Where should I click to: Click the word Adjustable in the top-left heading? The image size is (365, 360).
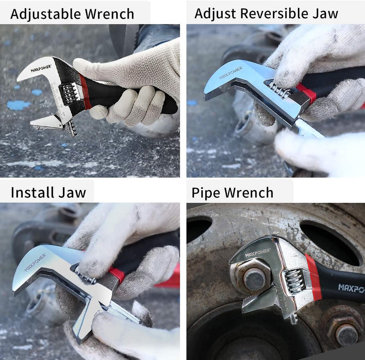(46, 14)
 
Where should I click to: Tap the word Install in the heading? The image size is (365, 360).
(32, 192)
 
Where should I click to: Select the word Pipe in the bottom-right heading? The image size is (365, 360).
(206, 193)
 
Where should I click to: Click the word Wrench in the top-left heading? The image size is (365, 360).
(109, 14)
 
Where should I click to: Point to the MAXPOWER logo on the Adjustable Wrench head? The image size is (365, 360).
(41, 69)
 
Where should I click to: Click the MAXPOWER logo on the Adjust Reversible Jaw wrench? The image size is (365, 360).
(231, 72)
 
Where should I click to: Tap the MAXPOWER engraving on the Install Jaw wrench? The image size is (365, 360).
(35, 262)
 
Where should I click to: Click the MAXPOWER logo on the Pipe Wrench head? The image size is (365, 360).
(257, 252)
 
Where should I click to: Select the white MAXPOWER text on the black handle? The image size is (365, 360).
(351, 288)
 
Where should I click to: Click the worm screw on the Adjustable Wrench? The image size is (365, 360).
(69, 93)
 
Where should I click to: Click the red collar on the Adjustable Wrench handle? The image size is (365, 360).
(85, 92)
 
